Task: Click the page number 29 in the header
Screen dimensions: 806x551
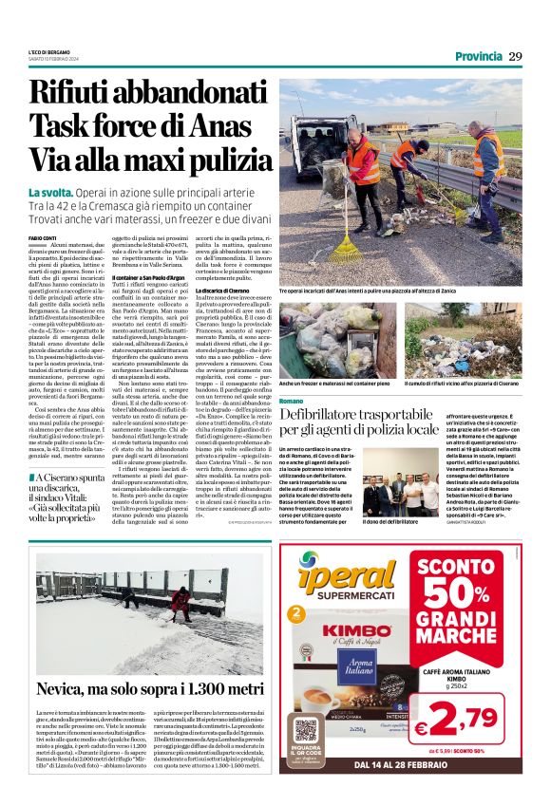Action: click(x=516, y=56)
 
